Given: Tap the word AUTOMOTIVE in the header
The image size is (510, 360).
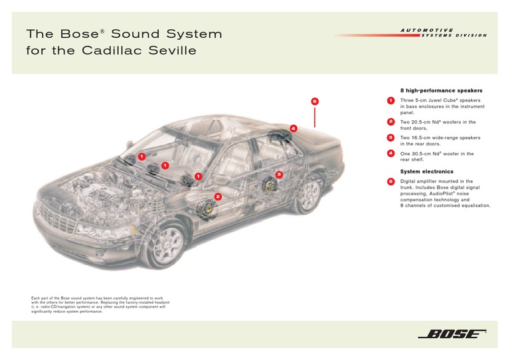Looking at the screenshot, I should tap(427, 30).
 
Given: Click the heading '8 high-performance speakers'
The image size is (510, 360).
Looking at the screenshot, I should tap(440, 90).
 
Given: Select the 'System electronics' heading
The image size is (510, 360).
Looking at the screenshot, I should tap(426, 171).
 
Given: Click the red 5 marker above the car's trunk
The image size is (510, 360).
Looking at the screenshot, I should tap(315, 101).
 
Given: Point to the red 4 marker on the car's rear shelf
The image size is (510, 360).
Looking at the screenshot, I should tap(293, 128).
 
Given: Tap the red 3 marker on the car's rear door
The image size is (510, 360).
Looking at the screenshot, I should tap(279, 174).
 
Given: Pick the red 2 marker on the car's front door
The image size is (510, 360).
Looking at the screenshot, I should tap(218, 197).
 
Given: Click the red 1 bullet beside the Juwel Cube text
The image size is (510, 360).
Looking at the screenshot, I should tap(390, 101).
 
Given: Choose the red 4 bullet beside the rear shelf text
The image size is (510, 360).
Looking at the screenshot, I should tap(390, 154).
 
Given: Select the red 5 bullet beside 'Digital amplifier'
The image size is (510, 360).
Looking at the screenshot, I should tap(390, 181).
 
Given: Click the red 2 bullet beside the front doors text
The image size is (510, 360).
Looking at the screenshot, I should tap(390, 122).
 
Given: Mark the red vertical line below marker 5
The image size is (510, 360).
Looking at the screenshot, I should tap(315, 117).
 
